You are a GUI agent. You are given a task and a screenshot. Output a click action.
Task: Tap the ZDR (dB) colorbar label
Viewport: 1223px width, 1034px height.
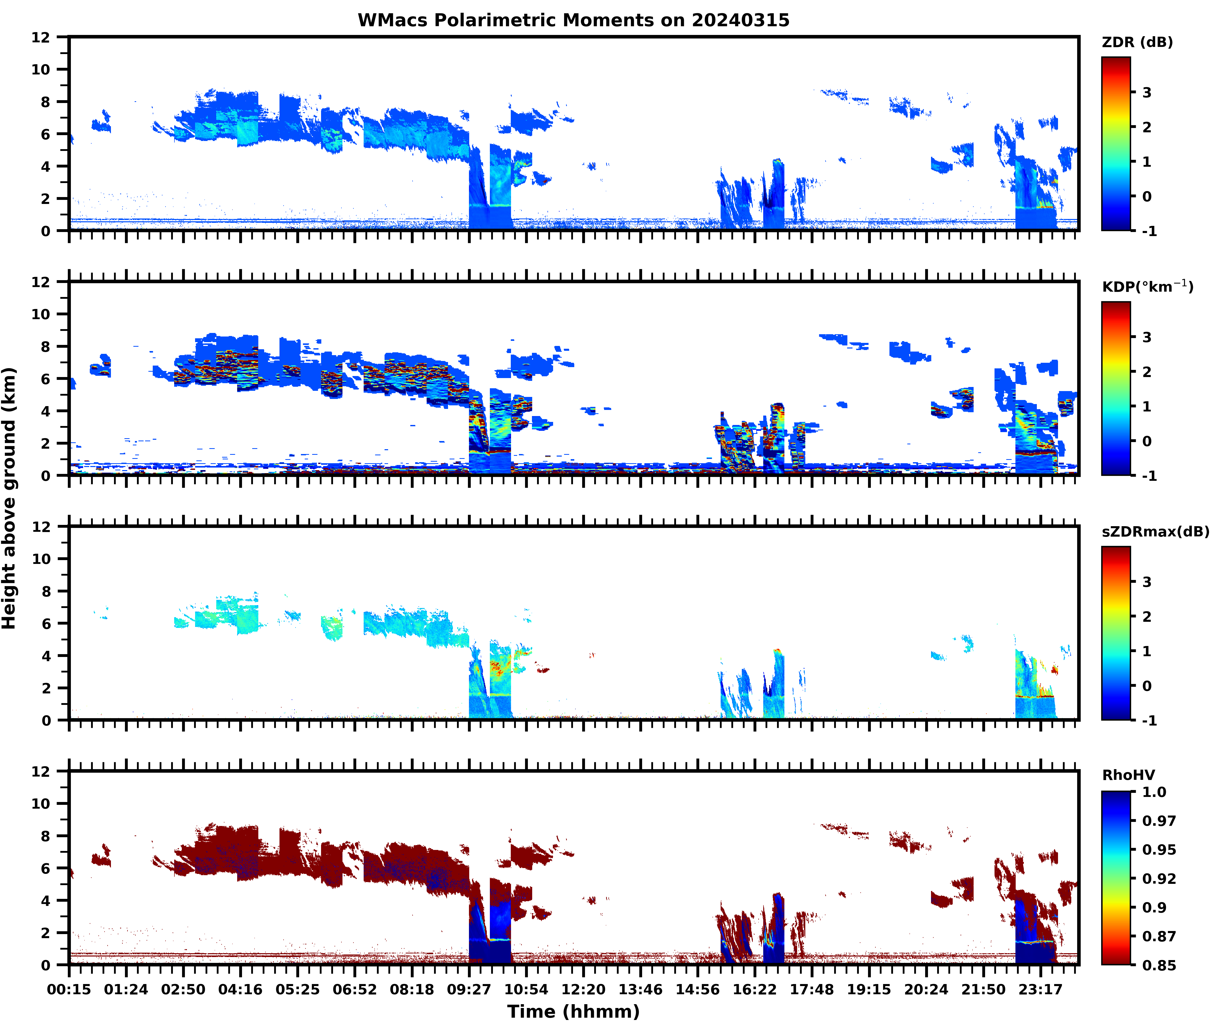click(x=1137, y=42)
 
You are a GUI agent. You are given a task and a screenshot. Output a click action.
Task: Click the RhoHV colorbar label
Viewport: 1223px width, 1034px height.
click(x=1128, y=775)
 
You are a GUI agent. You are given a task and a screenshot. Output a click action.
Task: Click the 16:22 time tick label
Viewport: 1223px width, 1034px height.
click(x=755, y=989)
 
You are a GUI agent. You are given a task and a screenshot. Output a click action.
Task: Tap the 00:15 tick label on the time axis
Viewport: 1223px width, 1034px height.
click(x=69, y=989)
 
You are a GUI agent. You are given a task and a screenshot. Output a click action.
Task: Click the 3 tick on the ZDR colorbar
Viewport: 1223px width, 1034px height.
click(x=1147, y=93)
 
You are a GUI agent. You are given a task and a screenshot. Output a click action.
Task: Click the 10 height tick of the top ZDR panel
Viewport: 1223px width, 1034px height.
click(x=41, y=69)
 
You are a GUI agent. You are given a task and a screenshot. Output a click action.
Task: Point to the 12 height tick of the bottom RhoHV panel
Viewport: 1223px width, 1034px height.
click(x=41, y=771)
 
